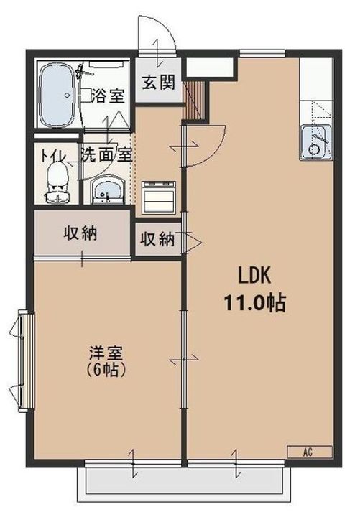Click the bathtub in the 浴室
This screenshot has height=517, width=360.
57,95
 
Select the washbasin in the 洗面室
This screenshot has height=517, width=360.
108,190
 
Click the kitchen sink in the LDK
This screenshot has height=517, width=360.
316,142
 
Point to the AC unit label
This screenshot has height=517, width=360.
309,452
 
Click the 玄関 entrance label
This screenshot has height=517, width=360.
158,82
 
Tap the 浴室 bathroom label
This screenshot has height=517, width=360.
108,96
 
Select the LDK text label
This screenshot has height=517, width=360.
254,276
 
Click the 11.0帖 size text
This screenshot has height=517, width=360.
254,303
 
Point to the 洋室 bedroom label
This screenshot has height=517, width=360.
106,353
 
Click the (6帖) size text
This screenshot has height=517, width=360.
106,369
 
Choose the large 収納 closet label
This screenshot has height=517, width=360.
80,233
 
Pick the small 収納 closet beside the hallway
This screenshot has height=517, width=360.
157,239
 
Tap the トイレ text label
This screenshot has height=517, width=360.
53,156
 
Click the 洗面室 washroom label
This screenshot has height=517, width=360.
106,154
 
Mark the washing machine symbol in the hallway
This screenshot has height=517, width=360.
158,197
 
